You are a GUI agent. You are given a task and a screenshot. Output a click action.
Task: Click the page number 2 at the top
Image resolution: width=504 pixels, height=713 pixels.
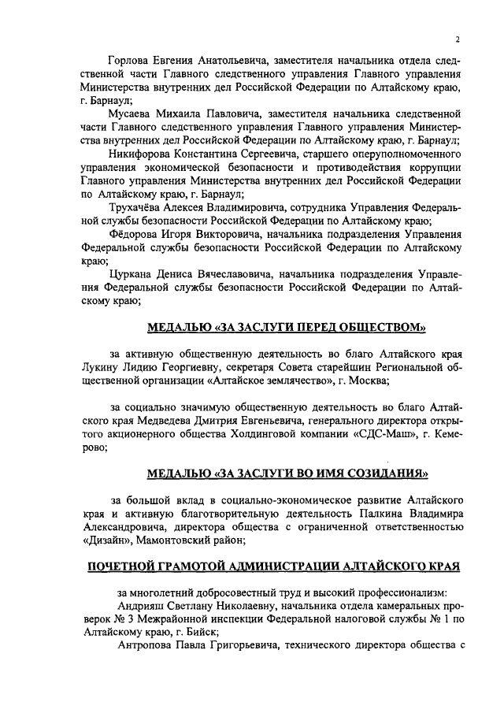tap(457, 41)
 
